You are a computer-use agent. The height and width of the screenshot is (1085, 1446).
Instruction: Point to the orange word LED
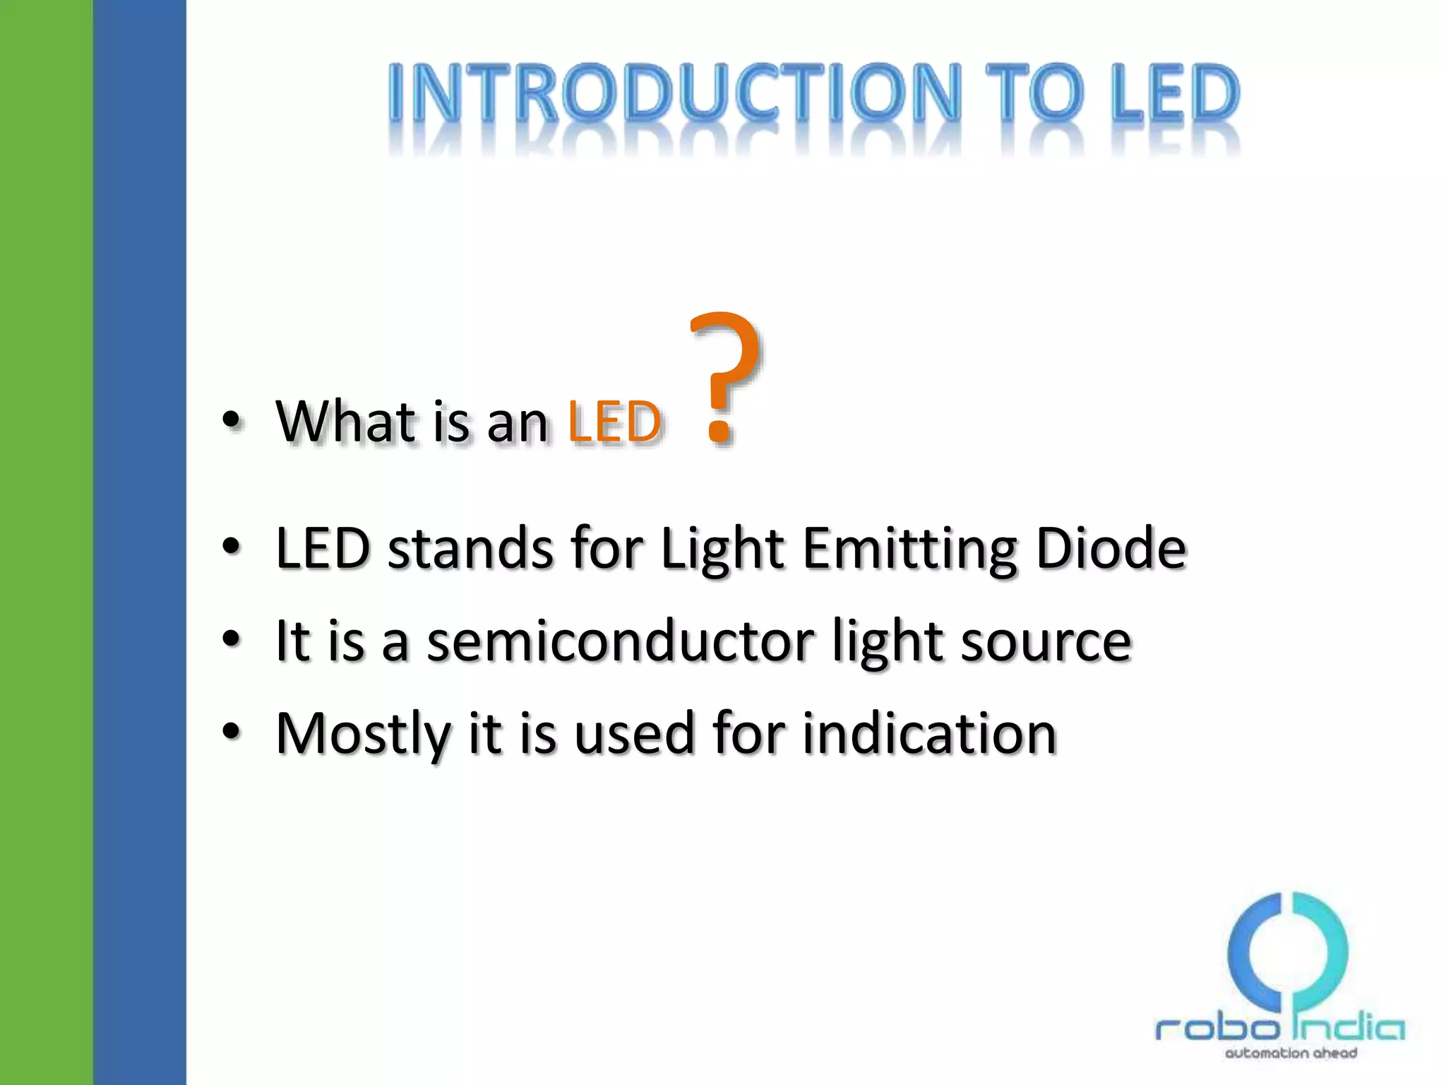click(x=614, y=422)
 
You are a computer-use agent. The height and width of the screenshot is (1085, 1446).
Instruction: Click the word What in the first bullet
click(x=346, y=422)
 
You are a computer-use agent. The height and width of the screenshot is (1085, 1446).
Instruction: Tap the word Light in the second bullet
click(x=722, y=550)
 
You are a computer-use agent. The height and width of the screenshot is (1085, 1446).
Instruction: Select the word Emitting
click(x=911, y=550)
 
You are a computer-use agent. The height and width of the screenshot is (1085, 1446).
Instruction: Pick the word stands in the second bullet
click(x=470, y=549)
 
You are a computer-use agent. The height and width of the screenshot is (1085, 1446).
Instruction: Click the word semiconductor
click(x=620, y=641)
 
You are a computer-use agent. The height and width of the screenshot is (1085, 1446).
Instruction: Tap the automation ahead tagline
click(x=1291, y=1053)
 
